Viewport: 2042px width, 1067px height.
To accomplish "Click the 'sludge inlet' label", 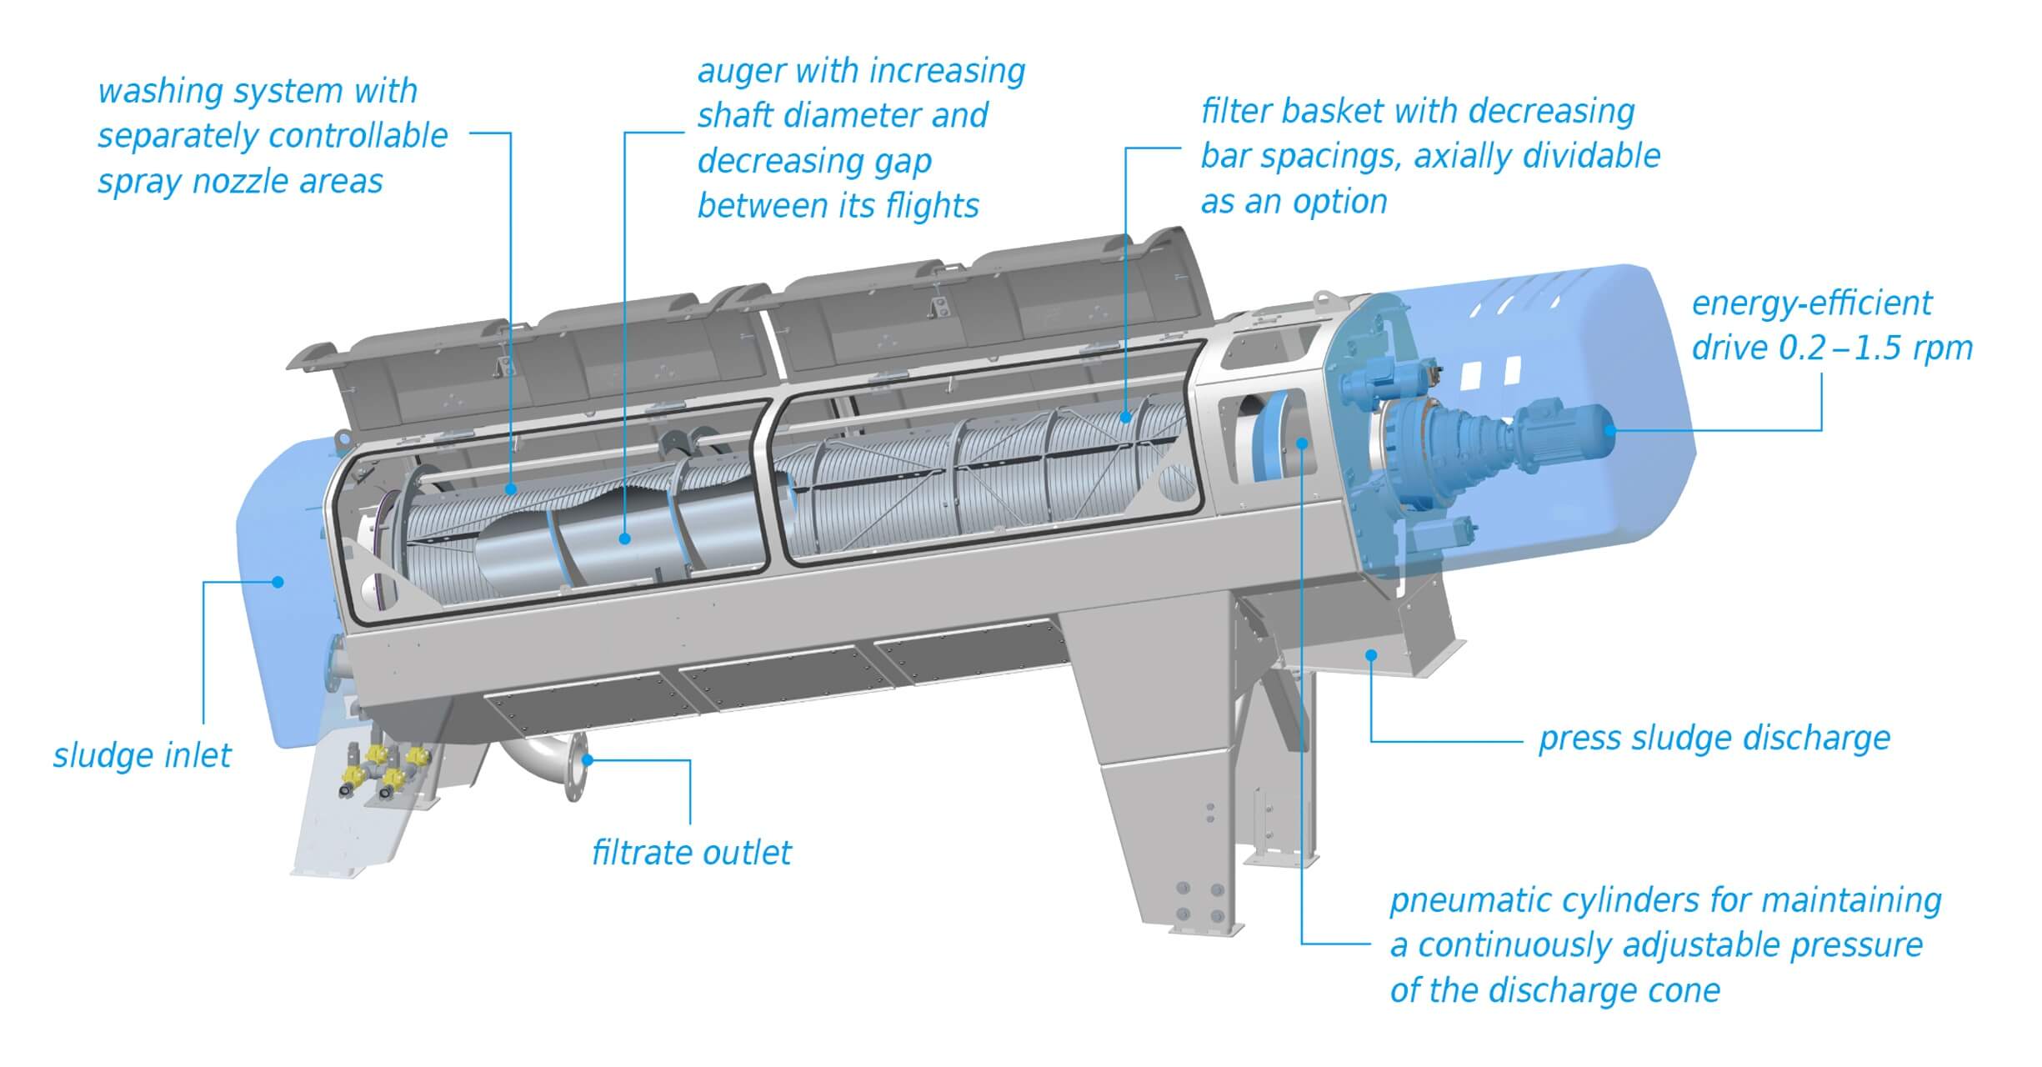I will tap(142, 755).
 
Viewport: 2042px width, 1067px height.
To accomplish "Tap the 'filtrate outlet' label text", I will tap(691, 853).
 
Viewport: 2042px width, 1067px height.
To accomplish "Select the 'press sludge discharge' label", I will tap(1714, 739).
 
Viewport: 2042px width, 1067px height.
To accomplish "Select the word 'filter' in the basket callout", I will tap(1235, 111).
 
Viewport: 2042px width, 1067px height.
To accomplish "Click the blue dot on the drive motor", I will tap(1609, 430).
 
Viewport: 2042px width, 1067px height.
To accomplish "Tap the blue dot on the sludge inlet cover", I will tap(278, 581).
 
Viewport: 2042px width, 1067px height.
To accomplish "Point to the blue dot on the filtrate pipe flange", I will tap(588, 759).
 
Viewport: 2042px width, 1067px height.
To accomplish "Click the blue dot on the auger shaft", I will tap(625, 539).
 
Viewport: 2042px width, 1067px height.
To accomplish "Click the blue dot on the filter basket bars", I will tap(1125, 417).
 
